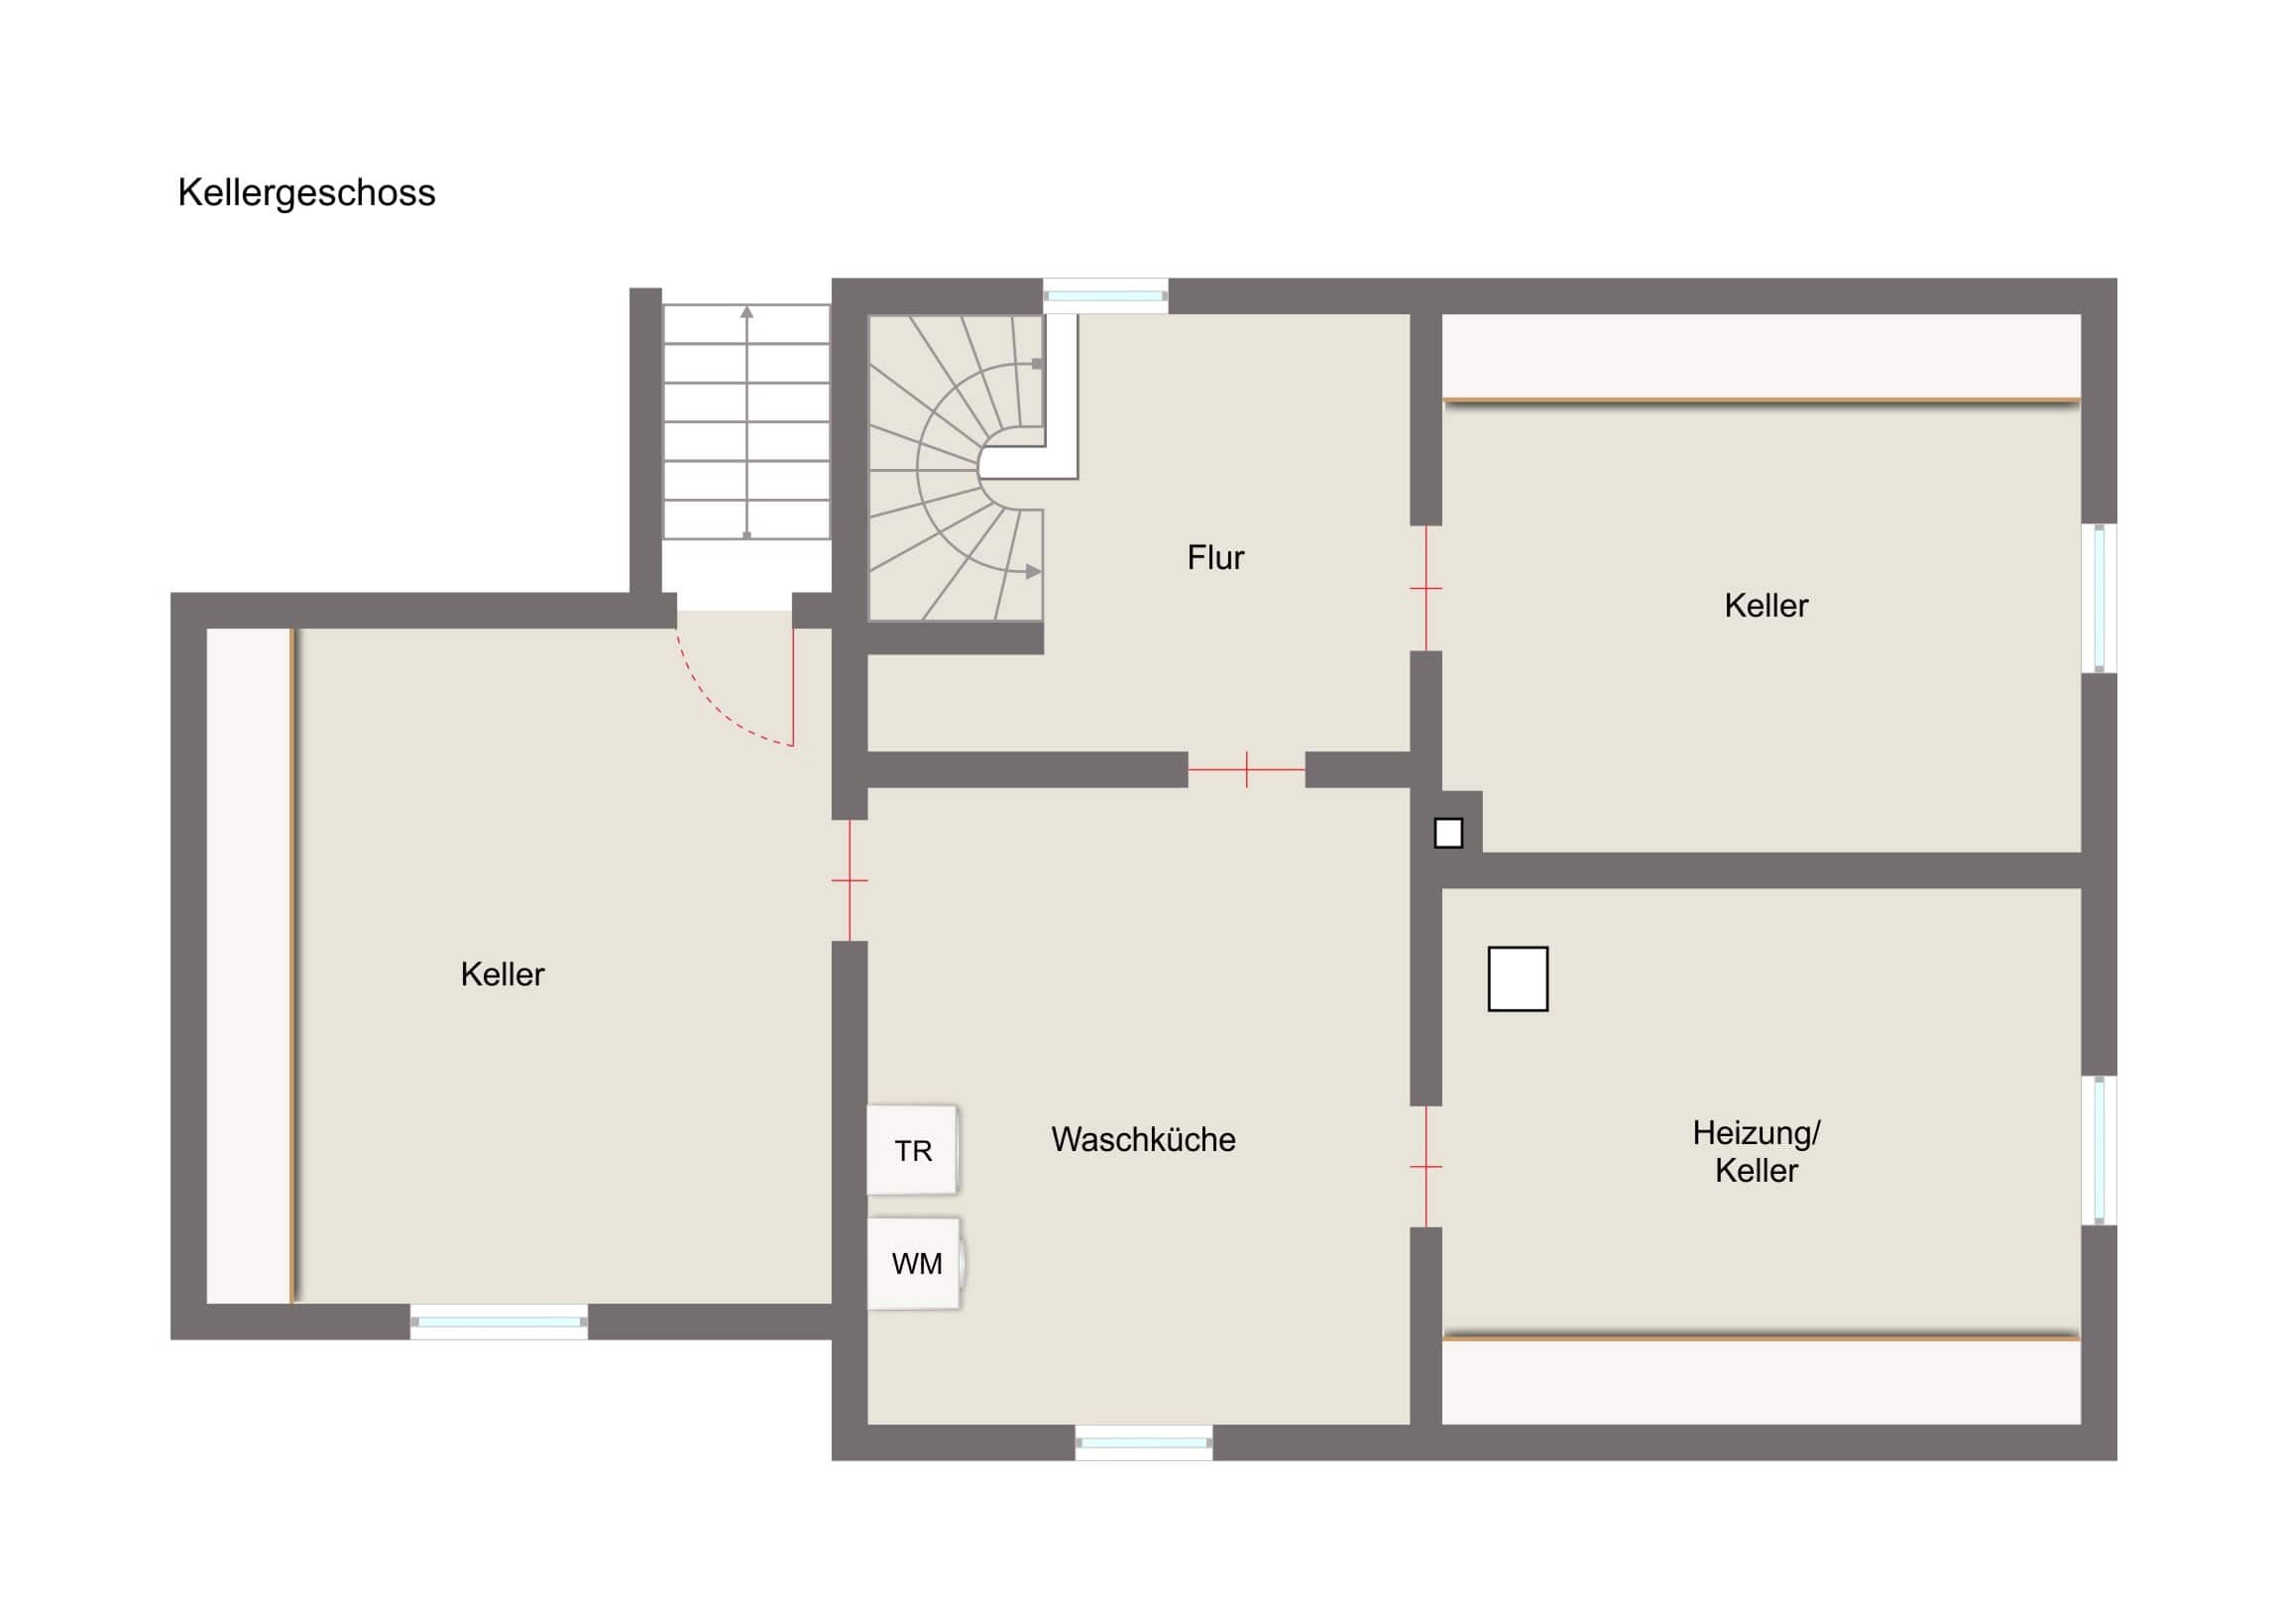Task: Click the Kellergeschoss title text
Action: click(306, 192)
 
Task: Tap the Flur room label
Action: click(1215, 557)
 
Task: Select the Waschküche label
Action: click(1143, 1139)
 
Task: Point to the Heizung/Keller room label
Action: click(1756, 1151)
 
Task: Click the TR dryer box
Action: click(913, 1150)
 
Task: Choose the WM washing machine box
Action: click(915, 1263)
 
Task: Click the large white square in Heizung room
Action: click(1518, 979)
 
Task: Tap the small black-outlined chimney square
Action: click(1448, 833)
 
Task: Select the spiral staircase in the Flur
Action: click(958, 468)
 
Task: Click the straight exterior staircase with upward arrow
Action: click(745, 422)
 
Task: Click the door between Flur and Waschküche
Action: click(1246, 769)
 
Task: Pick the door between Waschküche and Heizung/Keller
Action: click(1426, 1166)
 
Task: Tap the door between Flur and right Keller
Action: click(1426, 588)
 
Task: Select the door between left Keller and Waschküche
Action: click(850, 880)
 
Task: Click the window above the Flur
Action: click(1105, 296)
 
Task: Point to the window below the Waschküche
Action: click(1143, 1442)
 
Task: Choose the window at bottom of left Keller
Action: click(499, 1322)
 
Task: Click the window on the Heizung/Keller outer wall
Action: click(2100, 1150)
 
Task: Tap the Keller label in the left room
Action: click(503, 975)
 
